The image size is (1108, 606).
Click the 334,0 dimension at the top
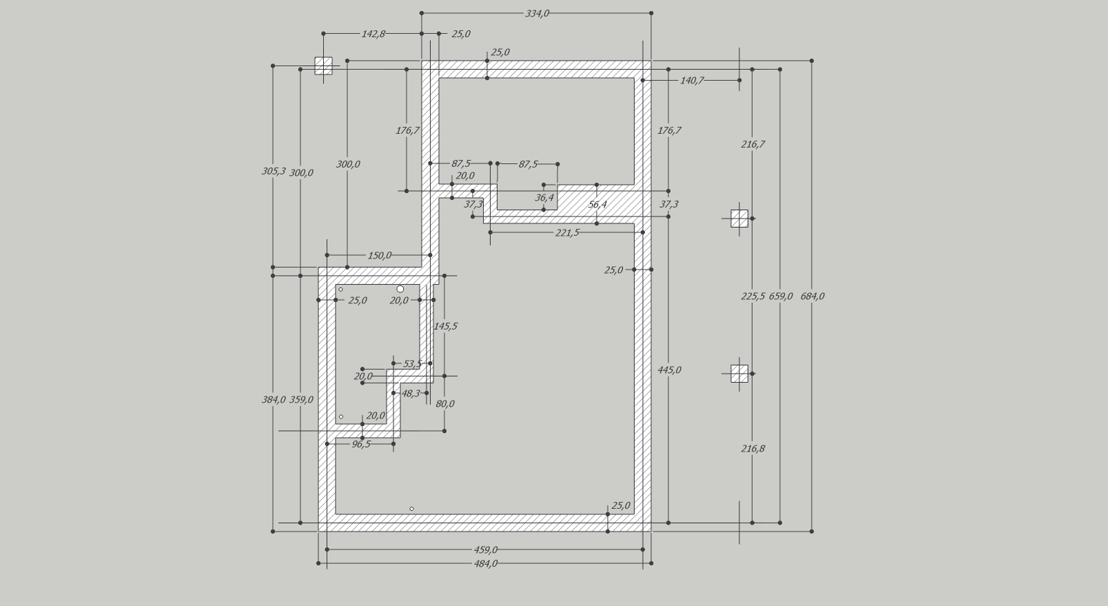tap(537, 13)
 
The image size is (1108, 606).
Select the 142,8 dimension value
tap(373, 34)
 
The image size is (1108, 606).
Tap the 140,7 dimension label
tap(692, 81)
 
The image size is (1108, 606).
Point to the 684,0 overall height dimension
tap(812, 296)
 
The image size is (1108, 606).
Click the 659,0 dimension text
tap(781, 296)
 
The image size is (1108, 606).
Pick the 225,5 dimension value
tap(753, 296)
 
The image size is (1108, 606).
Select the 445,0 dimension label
tap(669, 370)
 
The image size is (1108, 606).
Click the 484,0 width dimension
tap(486, 563)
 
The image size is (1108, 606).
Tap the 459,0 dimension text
tap(486, 549)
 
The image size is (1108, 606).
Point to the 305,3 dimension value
tap(274, 171)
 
